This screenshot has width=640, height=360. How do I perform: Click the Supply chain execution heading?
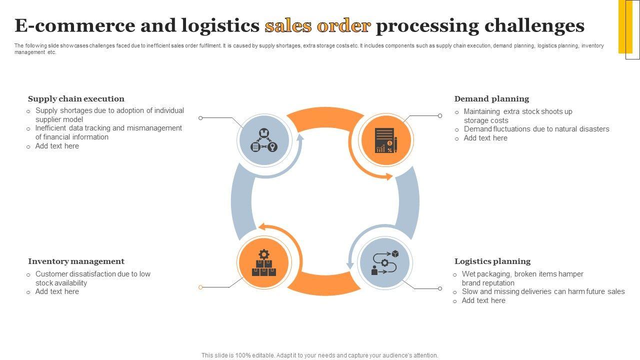click(x=76, y=99)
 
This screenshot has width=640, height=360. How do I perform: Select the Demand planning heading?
click(x=491, y=99)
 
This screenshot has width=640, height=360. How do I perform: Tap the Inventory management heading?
click(x=76, y=261)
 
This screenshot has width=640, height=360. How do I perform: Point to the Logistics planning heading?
click(x=492, y=261)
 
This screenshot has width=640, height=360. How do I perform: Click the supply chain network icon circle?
click(x=264, y=140)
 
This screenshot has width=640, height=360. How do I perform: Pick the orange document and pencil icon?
click(x=385, y=140)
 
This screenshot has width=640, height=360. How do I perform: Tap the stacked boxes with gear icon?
click(x=264, y=263)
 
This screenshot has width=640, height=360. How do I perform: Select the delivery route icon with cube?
click(x=384, y=263)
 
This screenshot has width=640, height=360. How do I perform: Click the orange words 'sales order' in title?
click(x=317, y=25)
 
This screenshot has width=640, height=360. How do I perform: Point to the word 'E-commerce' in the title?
click(x=74, y=25)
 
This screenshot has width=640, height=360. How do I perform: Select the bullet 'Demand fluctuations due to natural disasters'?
click(x=536, y=129)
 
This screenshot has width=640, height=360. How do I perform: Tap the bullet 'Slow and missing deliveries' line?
click(x=543, y=291)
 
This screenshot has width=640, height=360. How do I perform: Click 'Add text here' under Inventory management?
click(x=57, y=291)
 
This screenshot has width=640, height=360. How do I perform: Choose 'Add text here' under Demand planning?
click(x=485, y=138)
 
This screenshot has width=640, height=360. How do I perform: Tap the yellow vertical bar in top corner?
click(x=625, y=26)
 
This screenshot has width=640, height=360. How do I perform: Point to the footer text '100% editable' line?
click(x=320, y=355)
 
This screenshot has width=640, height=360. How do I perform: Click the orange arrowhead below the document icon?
click(x=389, y=176)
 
